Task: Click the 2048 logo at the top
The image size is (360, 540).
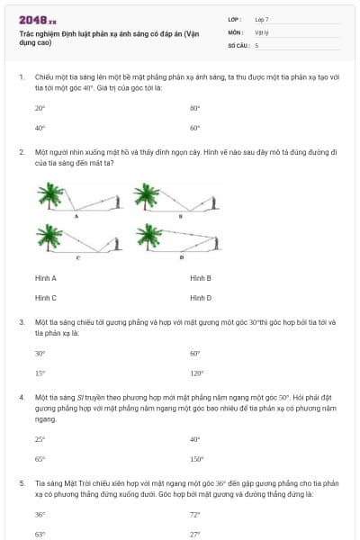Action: [x=37, y=20]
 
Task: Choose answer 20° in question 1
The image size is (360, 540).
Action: [x=40, y=108]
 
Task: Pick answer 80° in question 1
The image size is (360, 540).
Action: [x=194, y=108]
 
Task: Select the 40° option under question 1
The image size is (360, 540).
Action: [x=40, y=128]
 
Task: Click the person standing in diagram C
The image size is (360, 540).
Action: [x=115, y=243]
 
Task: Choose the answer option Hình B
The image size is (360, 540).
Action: [x=201, y=278]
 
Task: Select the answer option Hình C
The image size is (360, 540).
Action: [x=46, y=297]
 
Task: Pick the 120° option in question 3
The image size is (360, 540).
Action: [x=196, y=373]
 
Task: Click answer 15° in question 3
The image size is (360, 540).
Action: [x=40, y=373]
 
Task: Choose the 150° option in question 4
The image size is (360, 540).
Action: [x=196, y=458]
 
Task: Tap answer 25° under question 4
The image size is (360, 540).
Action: [x=40, y=439]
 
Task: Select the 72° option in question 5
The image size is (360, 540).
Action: [x=194, y=515]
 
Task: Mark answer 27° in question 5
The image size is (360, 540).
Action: [x=194, y=534]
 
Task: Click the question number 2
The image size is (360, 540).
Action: [x=21, y=153]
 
